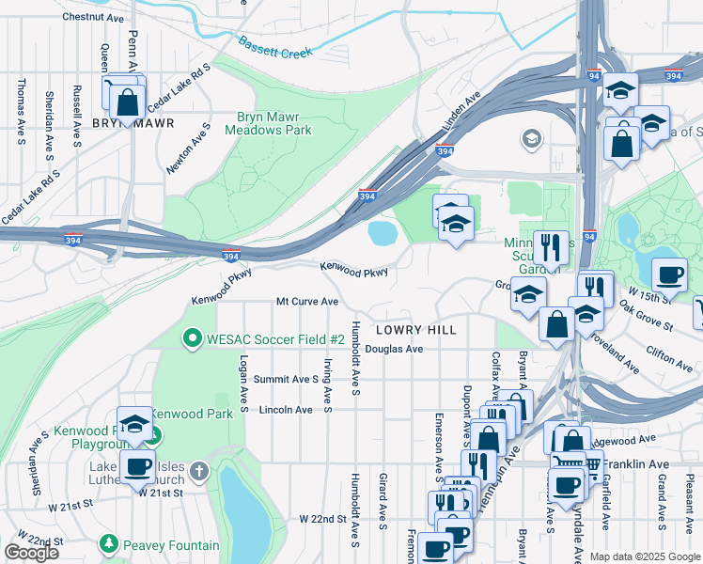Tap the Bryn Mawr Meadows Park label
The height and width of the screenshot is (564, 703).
[268, 124]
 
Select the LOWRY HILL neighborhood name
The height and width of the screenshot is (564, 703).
[415, 330]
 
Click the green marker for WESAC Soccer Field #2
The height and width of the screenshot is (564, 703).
[193, 337]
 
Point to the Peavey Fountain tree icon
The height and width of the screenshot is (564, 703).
[110, 545]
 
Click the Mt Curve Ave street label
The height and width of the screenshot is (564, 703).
[306, 302]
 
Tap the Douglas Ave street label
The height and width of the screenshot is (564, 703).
[395, 349]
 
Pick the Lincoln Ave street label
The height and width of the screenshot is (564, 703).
[285, 410]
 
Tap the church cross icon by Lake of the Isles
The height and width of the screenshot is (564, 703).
[198, 469]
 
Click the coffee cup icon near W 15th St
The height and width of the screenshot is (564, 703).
[668, 274]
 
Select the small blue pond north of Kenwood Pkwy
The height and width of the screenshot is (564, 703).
[383, 232]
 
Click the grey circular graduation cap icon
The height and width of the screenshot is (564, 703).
[532, 140]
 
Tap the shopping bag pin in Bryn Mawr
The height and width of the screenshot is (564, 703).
[128, 102]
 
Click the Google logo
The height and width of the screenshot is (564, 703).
[31, 553]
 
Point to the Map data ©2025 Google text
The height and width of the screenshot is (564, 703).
[645, 556]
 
